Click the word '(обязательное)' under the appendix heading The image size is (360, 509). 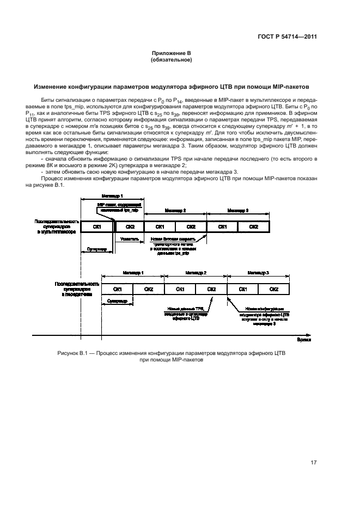pyautogui.click(x=171, y=60)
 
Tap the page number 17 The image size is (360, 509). pyautogui.click(x=314, y=463)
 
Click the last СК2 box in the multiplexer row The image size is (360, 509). pyautogui.click(x=254, y=226)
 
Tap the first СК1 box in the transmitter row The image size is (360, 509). pyautogui.click(x=117, y=289)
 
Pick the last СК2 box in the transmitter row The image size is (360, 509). pyautogui.click(x=274, y=289)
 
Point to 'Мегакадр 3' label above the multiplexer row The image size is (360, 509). pyautogui.click(x=238, y=209)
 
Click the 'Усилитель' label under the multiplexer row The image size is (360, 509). pyautogui.click(x=129, y=239)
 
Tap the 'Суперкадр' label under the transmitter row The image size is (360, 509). pyautogui.click(x=117, y=301)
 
